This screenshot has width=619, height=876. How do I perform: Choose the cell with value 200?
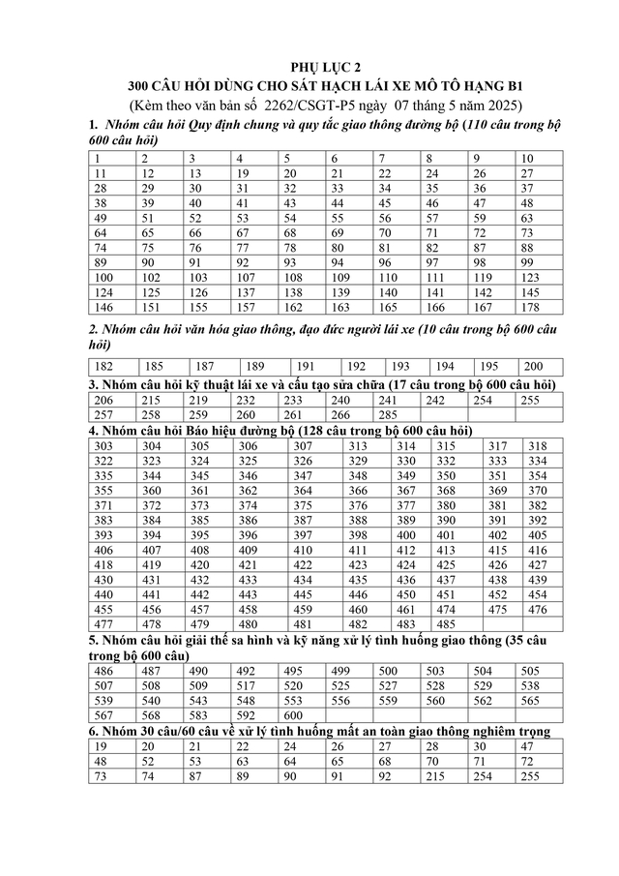pos(533,367)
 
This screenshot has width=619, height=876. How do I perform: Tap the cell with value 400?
pos(407,535)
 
